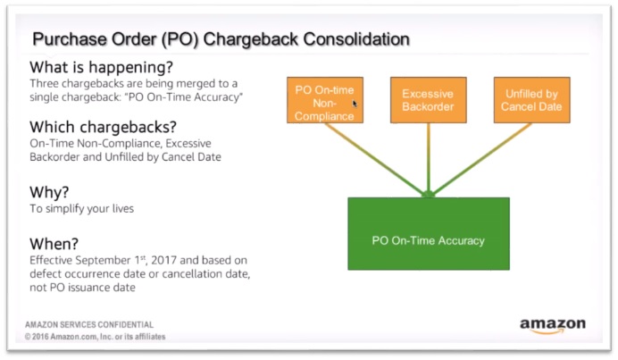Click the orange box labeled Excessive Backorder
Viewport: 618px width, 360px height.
pos(429,100)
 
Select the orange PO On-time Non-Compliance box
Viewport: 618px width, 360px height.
pos(325,100)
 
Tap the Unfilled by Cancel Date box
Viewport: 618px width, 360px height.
pos(531,100)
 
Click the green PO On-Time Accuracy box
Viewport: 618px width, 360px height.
pos(429,234)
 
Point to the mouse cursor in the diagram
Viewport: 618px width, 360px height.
pos(355,104)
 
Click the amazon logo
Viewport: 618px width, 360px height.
pos(553,326)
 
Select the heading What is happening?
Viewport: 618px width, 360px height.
pos(101,67)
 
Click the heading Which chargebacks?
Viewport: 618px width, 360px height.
pos(103,127)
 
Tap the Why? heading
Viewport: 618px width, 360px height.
pos(49,192)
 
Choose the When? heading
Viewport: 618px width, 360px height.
pos(54,244)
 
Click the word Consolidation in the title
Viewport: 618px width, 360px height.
pos(356,39)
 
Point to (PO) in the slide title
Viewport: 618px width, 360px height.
pos(180,39)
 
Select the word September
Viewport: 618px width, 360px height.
pos(103,261)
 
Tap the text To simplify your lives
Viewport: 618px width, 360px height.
pos(81,209)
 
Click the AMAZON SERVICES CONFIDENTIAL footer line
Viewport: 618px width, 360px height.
pos(89,325)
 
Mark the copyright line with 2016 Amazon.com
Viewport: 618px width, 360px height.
pos(95,337)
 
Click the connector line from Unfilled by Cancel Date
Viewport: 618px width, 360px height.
pos(481,159)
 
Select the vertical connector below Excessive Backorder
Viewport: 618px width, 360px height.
pos(429,158)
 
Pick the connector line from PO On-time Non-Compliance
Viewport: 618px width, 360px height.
pos(374,159)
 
